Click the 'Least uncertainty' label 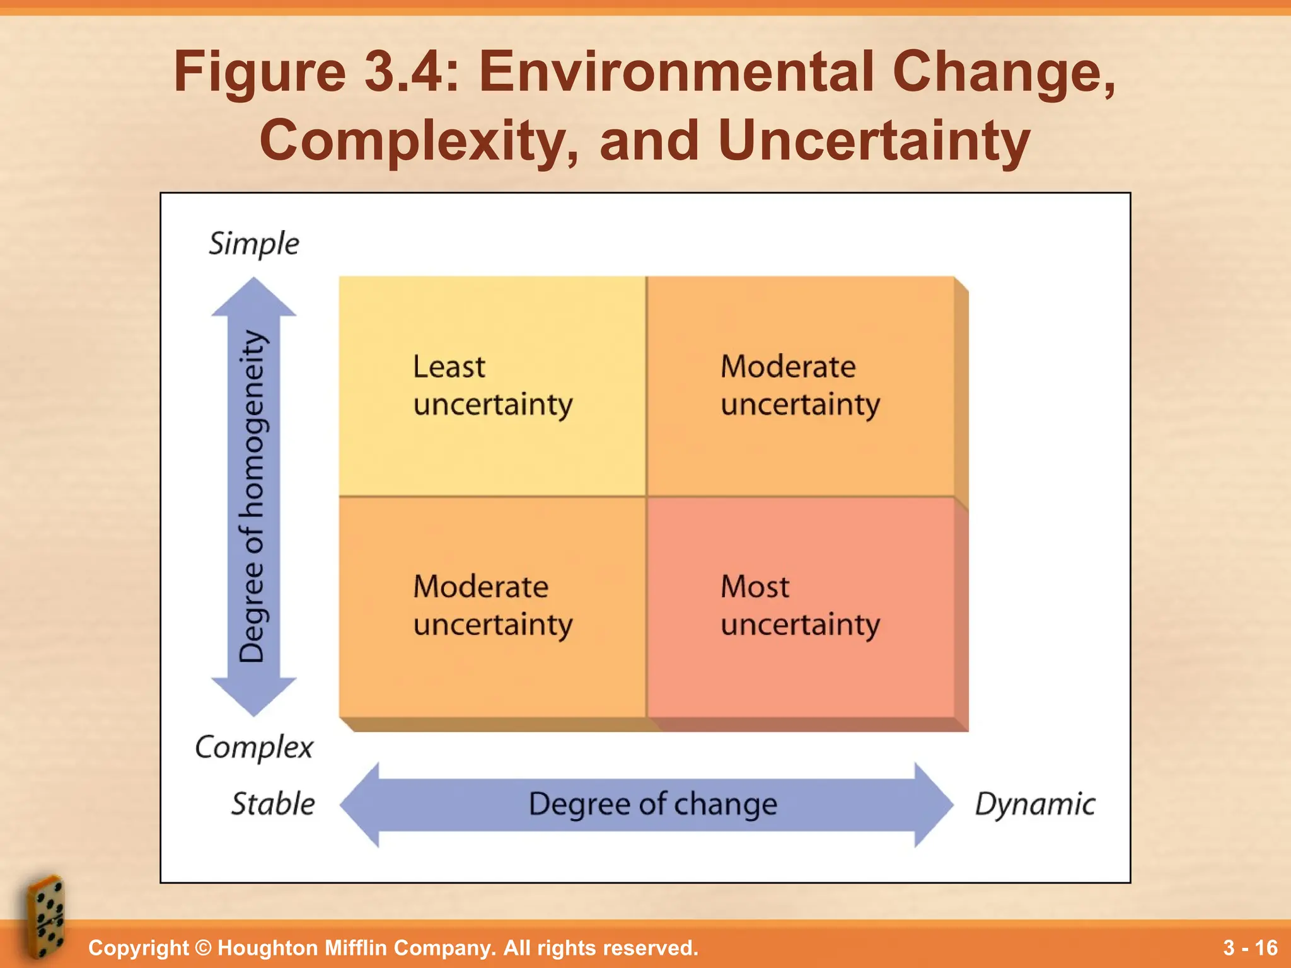[x=493, y=385]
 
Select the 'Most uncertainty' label [x=800, y=606]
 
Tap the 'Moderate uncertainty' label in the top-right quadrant [x=800, y=385]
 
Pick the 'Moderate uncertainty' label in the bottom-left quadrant [x=493, y=606]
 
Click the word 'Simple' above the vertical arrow [x=254, y=244]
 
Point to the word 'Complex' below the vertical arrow [x=254, y=747]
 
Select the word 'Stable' [x=273, y=804]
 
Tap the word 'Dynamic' [x=1035, y=804]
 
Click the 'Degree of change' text [x=653, y=805]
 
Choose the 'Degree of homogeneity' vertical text [x=253, y=497]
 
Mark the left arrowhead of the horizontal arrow [x=361, y=805]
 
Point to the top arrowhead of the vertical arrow [x=253, y=297]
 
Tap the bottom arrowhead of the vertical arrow [x=253, y=696]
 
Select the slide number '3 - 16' [x=1250, y=948]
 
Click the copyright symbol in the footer [x=203, y=948]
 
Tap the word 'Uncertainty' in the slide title [x=873, y=140]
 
